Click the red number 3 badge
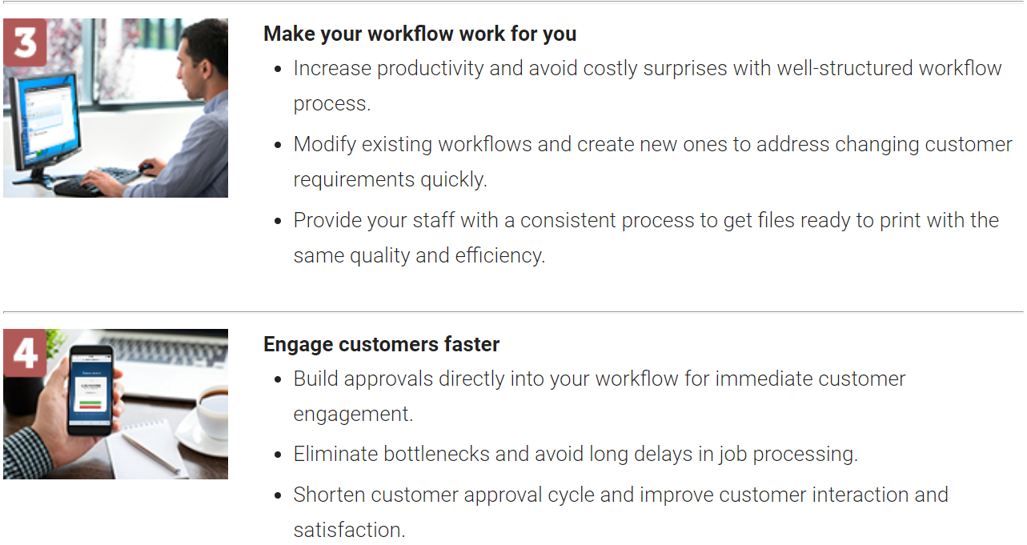pos(25,42)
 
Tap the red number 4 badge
pos(25,352)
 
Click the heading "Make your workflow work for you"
pos(419,34)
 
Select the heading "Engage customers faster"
pos(382,344)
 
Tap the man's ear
pos(205,69)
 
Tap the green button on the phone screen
pos(90,403)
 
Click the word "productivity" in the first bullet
pos(430,69)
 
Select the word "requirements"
pos(354,180)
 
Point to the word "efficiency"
pos(499,256)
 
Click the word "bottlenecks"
pos(436,455)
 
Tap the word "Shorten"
pos(329,495)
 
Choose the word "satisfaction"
pos(349,531)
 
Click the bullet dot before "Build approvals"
pos(278,380)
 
